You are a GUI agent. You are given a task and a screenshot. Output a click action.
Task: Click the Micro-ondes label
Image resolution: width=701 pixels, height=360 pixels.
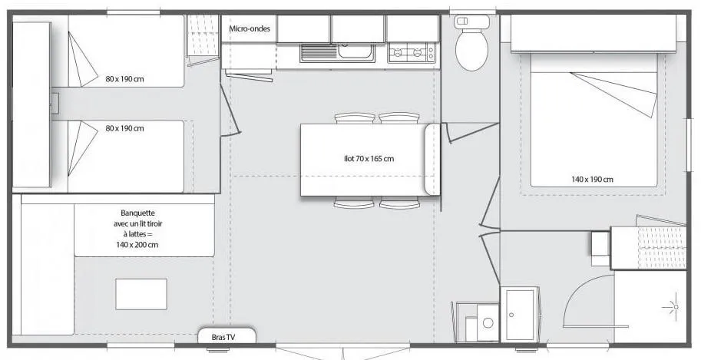point(250,28)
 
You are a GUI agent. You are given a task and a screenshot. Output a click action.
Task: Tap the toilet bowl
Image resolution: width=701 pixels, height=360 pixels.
point(471,50)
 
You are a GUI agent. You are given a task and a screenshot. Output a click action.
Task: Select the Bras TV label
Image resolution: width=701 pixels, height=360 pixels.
point(223,338)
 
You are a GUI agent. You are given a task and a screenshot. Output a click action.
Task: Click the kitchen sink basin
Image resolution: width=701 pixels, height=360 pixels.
point(355,51)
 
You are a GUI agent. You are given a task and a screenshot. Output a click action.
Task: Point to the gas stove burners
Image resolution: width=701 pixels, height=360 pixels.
point(412,53)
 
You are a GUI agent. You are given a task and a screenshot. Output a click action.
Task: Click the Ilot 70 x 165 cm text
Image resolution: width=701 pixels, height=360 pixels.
point(369,158)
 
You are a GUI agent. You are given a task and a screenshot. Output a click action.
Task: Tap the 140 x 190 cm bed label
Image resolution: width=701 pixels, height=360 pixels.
point(593,180)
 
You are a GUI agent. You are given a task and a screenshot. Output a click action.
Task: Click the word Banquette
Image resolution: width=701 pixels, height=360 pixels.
point(137,213)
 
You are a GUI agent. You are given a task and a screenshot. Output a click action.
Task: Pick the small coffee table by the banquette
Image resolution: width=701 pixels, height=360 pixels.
point(141,294)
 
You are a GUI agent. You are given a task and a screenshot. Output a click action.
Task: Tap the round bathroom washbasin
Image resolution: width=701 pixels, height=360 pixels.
point(488,322)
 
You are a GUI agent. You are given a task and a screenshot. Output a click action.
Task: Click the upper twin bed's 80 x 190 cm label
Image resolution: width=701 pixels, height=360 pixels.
point(124,79)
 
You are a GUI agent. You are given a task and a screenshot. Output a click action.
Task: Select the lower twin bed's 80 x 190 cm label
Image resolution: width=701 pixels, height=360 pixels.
point(124,128)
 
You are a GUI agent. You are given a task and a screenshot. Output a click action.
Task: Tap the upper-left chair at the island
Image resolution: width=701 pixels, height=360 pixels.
point(355,117)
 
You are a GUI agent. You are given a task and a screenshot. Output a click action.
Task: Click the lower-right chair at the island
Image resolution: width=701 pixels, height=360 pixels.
point(400,203)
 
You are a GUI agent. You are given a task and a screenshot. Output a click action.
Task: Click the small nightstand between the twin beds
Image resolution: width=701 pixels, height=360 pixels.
point(55,104)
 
